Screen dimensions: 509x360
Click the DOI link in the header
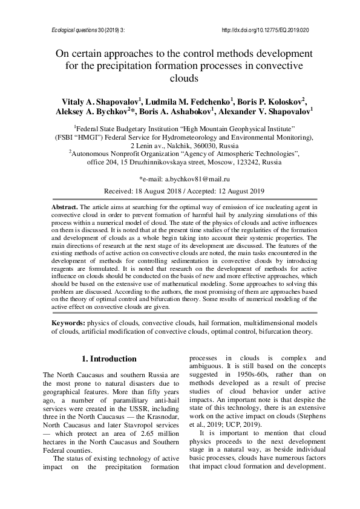(x=266, y=30)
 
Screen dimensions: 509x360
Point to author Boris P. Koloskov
(x=270, y=101)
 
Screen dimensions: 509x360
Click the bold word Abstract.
(x=65, y=207)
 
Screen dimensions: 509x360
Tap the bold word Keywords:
(x=68, y=323)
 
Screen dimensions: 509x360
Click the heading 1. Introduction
(x=109, y=359)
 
